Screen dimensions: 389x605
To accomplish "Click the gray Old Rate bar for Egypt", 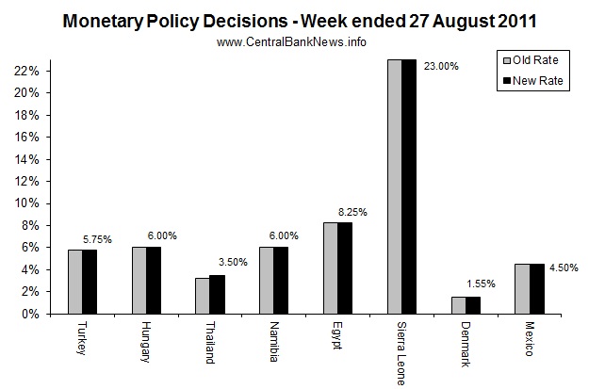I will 331,268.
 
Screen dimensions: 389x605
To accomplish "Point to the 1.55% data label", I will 479,282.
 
